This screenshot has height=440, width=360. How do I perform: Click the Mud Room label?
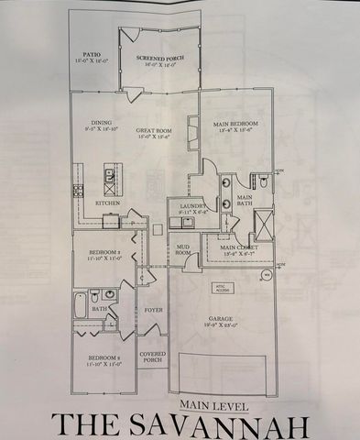[x=183, y=249]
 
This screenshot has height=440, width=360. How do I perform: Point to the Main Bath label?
[x=245, y=201]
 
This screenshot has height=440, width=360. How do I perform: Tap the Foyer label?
[x=152, y=310]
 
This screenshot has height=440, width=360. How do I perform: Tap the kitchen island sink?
[x=109, y=173]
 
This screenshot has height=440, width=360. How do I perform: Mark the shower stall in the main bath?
[x=262, y=224]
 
